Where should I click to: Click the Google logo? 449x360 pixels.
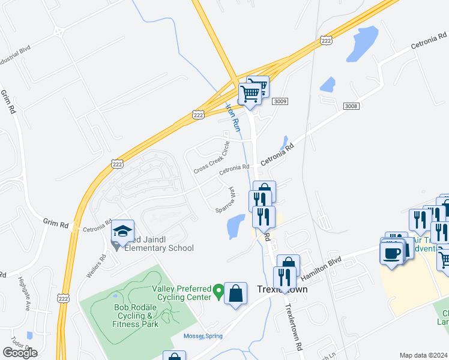click(20, 353)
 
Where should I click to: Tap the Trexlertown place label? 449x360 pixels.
click(283, 289)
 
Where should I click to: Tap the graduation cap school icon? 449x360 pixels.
click(122, 232)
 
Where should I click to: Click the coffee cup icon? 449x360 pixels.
click(392, 253)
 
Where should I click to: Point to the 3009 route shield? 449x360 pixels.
click(280, 102)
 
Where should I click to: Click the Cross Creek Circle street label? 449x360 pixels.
click(212, 158)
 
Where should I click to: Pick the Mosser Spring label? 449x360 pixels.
click(203, 336)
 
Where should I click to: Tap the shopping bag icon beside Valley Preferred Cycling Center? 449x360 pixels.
click(236, 294)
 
